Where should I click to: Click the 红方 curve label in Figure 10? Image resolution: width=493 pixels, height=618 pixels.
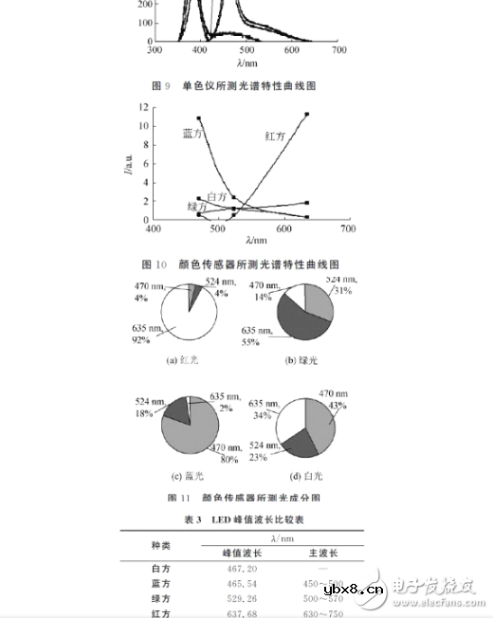tap(276, 137)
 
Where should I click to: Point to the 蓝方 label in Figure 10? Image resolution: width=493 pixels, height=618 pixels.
tap(193, 133)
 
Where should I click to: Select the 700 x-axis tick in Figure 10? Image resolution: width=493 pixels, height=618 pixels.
tap(348, 228)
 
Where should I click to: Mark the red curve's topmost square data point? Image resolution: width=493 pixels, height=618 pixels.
tap(307, 115)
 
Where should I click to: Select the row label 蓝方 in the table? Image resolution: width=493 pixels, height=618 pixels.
tap(162, 584)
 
